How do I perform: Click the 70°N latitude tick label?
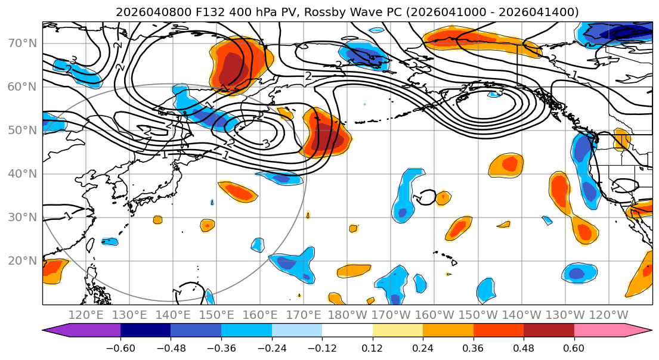(x=22, y=44)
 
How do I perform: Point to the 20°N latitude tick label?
(x=22, y=261)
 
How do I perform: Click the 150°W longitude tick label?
(x=478, y=315)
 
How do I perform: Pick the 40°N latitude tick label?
(x=22, y=174)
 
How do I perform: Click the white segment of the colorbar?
(x=347, y=331)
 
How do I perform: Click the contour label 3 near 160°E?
(x=265, y=143)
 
